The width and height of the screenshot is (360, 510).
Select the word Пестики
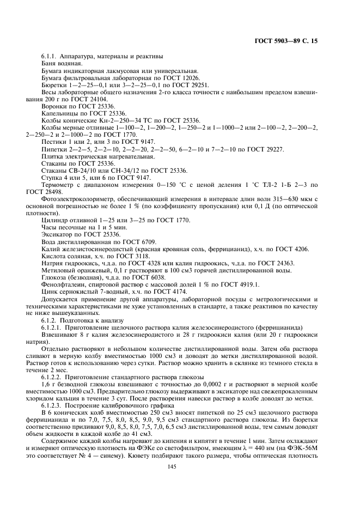pos(53,142)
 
